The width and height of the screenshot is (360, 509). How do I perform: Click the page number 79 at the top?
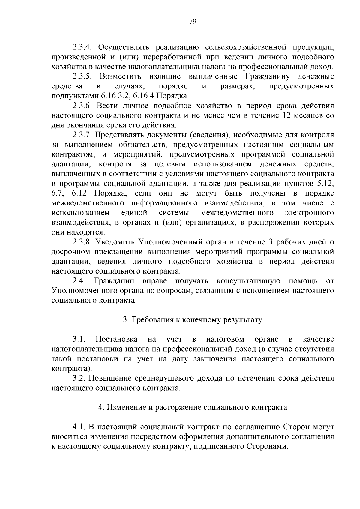click(x=193, y=21)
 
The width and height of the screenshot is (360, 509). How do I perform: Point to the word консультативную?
click(x=248, y=281)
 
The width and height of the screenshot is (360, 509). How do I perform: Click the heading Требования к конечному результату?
click(x=193, y=320)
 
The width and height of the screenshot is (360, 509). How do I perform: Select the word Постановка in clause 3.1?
click(x=116, y=339)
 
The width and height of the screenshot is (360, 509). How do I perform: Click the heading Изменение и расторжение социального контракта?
click(x=193, y=407)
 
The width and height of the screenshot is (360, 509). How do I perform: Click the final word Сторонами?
click(x=267, y=446)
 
